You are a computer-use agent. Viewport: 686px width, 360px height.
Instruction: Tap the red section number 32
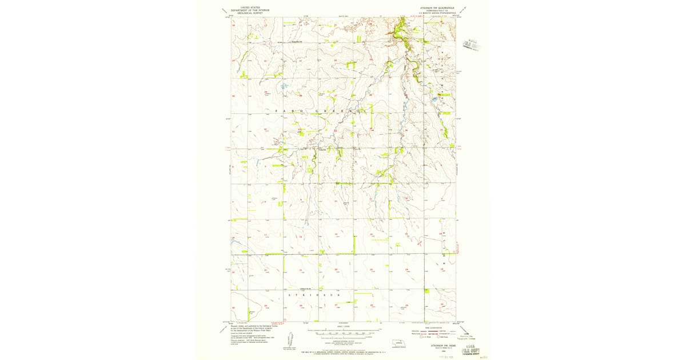pos(265,129)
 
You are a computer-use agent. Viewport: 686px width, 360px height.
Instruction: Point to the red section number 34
pos(336,130)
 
